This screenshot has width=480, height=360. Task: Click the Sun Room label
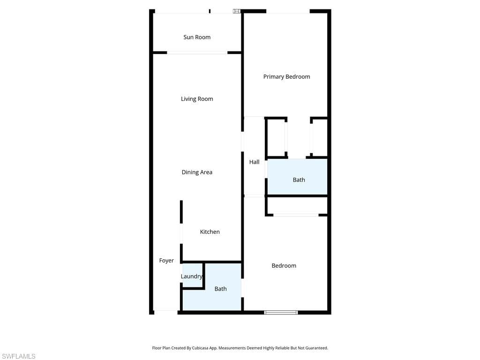coord(197,37)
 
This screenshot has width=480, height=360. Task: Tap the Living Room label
coord(197,99)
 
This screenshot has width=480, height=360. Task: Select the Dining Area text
coord(197,172)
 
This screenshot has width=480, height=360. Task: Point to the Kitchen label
coord(210,232)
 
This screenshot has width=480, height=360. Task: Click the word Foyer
coord(166,261)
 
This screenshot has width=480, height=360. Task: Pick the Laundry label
coord(191,277)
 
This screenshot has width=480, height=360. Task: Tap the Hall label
coord(254,162)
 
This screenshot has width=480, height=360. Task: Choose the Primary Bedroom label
coord(286,76)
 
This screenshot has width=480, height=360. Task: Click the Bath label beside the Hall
coord(299,180)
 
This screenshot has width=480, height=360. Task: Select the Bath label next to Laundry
coord(220,289)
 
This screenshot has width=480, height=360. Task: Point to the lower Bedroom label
coord(284,265)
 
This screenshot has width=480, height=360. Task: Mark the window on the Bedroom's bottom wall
coord(281,312)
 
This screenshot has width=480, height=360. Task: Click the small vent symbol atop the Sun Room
coord(237,10)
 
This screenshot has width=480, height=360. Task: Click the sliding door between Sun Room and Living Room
coord(197,52)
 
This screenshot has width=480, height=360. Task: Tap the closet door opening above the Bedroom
coord(296,215)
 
